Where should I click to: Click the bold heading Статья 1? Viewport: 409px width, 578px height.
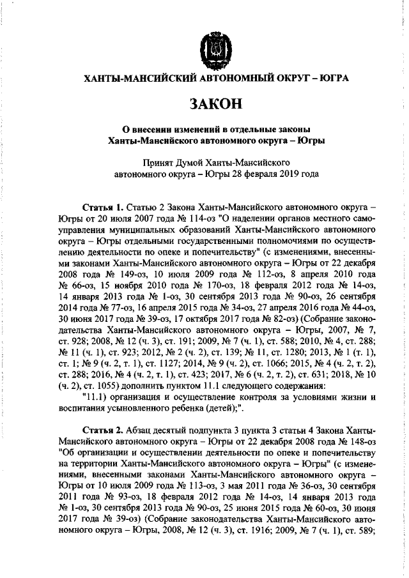(x=104, y=208)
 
